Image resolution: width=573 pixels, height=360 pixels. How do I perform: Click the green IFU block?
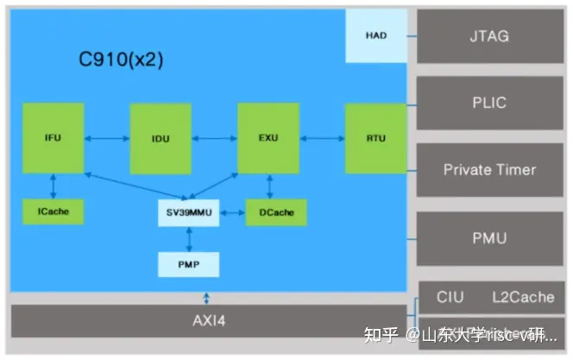(x=54, y=138)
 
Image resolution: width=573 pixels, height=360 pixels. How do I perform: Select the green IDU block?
(x=161, y=138)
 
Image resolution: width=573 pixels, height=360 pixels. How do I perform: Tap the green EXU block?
(x=268, y=138)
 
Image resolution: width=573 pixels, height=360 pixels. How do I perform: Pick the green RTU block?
(x=375, y=138)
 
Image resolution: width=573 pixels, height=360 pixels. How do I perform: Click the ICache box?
(x=54, y=212)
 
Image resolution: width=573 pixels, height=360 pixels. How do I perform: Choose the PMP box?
(x=188, y=263)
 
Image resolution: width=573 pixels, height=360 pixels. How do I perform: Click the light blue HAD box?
(x=375, y=37)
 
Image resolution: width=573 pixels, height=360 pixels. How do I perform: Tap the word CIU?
(x=450, y=297)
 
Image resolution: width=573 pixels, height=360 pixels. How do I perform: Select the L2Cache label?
(x=523, y=297)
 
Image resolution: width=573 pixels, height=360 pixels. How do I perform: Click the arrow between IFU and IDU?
(x=107, y=137)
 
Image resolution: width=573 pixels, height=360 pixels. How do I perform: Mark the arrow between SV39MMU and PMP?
(x=188, y=238)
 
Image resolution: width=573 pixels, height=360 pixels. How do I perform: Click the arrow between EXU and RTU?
(x=321, y=137)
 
